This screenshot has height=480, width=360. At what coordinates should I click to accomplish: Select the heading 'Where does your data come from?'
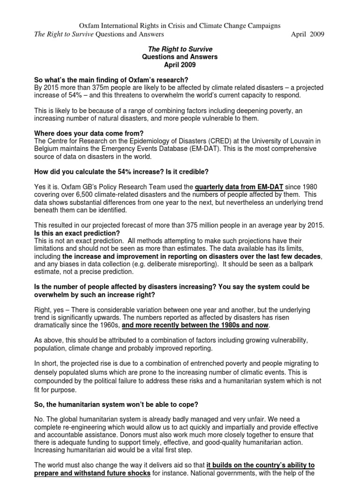click(88, 134)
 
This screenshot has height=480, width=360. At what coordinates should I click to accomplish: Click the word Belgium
click(47, 149)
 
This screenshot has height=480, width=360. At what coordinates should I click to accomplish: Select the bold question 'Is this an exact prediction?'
click(77, 233)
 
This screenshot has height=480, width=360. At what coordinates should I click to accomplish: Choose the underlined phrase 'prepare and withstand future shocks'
click(92, 472)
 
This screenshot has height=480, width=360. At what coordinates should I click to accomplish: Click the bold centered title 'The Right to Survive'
click(180, 49)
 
